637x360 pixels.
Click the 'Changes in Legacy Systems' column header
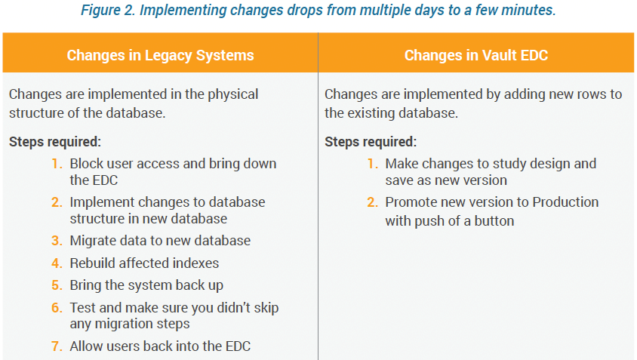pos(160,55)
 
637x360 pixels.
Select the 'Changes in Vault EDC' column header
pos(476,55)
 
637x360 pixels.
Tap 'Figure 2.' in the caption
pos(108,10)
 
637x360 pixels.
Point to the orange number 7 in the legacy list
pos(57,346)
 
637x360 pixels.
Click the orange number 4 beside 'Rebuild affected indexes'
pos(57,263)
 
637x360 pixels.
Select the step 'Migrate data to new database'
pos(160,241)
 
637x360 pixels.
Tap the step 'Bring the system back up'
pos(146,285)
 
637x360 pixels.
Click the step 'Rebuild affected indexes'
pos(144,263)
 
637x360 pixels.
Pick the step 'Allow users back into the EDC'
pos(160,346)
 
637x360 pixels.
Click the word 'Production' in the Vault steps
pos(565,202)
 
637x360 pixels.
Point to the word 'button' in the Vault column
pos(494,220)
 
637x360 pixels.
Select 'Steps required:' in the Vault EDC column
pos(371,142)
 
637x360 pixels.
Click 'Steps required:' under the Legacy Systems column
pos(55,142)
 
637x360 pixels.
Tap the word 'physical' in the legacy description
pos(232,94)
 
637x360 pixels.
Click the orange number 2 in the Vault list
pos(372,202)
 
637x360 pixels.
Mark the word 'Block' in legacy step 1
pos(85,164)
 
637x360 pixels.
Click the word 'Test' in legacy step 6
pos(83,308)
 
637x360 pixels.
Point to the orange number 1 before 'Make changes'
pos(372,164)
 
